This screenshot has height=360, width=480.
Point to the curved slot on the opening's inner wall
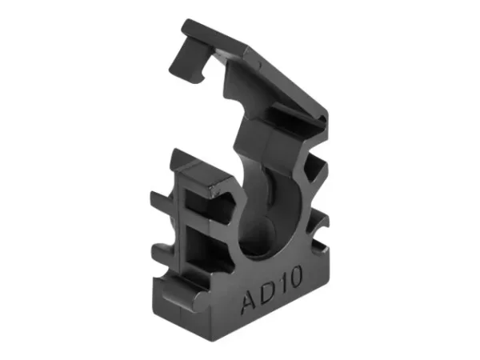coord(280,192)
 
